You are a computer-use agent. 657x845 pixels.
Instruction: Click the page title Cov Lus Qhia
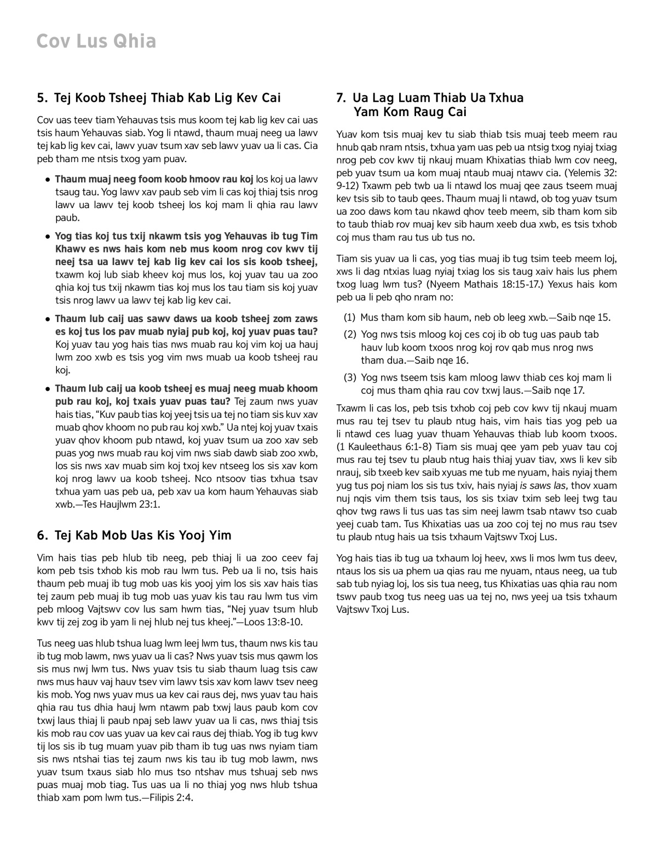(96, 41)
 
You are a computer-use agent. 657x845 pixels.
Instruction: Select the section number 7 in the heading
(341, 98)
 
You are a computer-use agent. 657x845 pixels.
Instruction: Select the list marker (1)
(349, 317)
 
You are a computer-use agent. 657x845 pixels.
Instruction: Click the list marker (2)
(349, 334)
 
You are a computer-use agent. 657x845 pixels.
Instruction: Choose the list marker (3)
(349, 377)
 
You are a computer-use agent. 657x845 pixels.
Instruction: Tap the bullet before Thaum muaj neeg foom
(48, 179)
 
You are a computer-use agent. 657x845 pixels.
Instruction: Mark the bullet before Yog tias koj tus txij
(48, 237)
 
